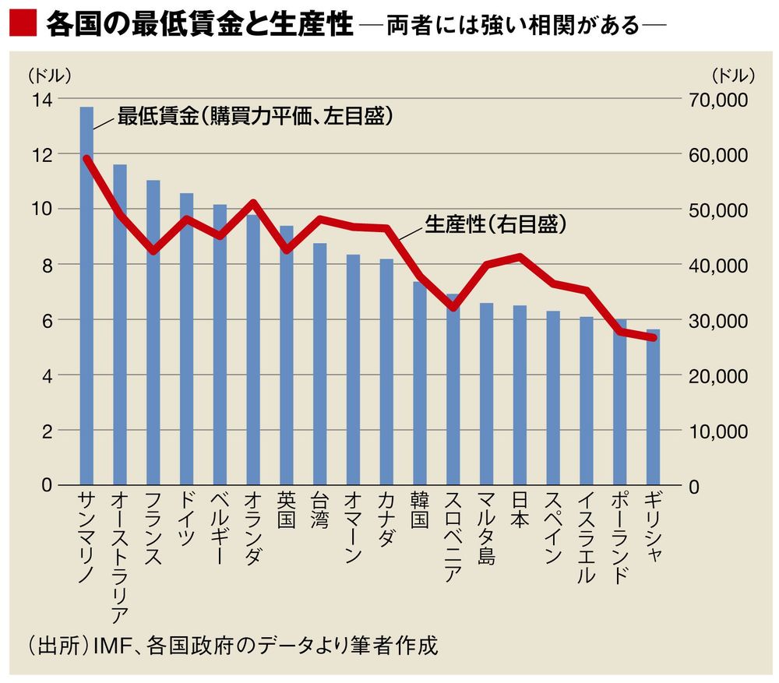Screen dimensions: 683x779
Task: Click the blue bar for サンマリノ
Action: click(86, 296)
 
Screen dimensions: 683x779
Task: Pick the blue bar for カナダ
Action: click(386, 371)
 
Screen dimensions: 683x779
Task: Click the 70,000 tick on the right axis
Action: click(717, 100)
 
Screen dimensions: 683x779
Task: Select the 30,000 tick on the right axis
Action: click(717, 321)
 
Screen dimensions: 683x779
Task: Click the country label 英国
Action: click(286, 511)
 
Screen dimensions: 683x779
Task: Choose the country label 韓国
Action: click(419, 511)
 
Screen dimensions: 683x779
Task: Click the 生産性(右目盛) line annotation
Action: click(495, 224)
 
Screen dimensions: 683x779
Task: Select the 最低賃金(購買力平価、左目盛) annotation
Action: click(254, 117)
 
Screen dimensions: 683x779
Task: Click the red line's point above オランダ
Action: click(253, 203)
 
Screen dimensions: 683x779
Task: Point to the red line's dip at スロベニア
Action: click(453, 307)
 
